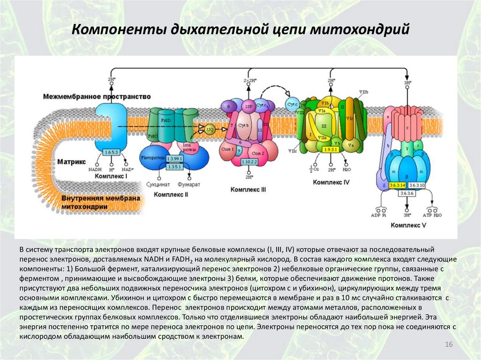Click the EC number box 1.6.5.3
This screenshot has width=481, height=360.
coord(111,153)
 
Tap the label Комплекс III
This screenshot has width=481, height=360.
coord(248,190)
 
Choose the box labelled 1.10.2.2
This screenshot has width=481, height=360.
coord(248,162)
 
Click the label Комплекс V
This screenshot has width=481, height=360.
coord(408,225)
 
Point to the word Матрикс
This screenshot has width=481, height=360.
coord(71,161)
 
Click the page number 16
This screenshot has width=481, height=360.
coord(448,345)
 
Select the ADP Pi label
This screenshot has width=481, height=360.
coord(378,215)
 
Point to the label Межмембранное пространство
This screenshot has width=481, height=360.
coord(97,96)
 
